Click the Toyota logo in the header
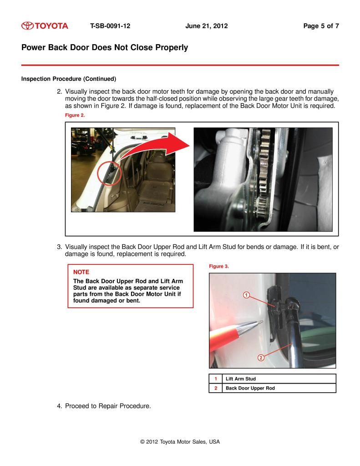click(45, 26)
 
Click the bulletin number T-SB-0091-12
click(110, 26)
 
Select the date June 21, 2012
click(206, 26)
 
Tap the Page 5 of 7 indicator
click(320, 26)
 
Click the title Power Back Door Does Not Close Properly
click(104, 47)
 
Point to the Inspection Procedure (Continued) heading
click(68, 78)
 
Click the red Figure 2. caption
click(75, 116)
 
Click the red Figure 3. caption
click(218, 266)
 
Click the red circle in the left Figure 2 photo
click(110, 172)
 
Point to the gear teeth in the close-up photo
click(264, 173)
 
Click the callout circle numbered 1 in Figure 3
click(246, 295)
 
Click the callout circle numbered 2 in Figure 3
click(261, 358)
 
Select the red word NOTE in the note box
click(81, 272)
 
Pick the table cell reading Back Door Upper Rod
click(250, 388)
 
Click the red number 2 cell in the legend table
click(216, 388)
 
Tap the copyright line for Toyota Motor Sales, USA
click(180, 441)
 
